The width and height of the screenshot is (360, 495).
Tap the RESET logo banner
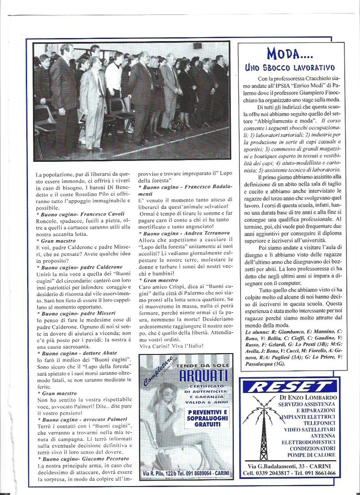290,387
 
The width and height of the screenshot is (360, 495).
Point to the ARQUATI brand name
197,376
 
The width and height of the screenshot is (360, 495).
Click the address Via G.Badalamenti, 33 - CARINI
291,465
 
